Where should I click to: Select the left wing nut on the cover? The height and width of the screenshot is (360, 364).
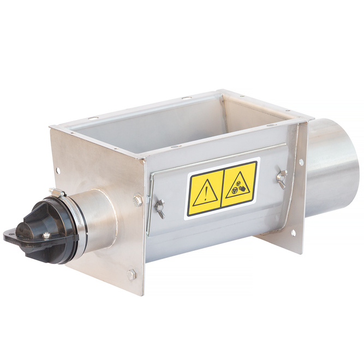(x=159, y=207)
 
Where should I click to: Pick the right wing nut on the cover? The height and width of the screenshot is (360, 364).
(x=282, y=177)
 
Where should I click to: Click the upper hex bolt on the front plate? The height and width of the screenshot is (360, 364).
(x=138, y=201)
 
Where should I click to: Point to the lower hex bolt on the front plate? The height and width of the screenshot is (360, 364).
(x=132, y=274)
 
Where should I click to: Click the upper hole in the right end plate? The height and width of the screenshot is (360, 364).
(x=301, y=162)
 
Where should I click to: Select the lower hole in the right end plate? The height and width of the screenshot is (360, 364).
(x=293, y=233)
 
